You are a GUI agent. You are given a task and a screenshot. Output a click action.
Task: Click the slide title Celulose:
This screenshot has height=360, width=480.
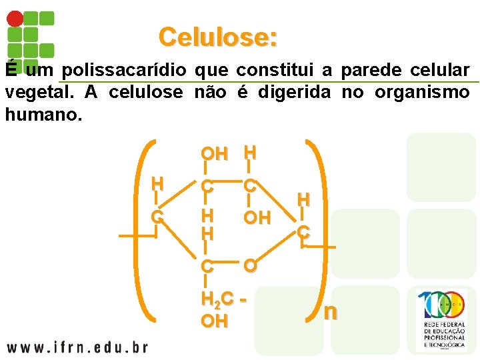(218, 37)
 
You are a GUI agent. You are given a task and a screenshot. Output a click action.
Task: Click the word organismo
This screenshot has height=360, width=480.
(422, 93)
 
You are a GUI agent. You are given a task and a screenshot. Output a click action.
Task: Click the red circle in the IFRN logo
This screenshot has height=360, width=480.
(15, 19)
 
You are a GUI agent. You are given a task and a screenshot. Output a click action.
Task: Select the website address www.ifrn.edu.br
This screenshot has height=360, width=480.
(77, 347)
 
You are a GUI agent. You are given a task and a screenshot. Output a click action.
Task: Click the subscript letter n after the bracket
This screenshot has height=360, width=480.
(330, 312)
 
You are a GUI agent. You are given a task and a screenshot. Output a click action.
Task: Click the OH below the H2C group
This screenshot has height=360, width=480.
(214, 321)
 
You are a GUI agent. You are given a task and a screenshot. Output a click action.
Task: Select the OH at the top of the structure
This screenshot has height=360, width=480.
(214, 154)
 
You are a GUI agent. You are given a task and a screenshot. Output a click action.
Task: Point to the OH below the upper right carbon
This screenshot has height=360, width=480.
(257, 218)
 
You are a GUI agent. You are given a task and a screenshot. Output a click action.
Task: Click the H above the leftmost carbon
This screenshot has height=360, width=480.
(157, 183)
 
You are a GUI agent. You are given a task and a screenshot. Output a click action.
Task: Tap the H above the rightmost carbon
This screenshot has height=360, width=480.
(303, 199)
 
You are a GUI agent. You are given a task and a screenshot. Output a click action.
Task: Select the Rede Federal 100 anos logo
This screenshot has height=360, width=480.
(441, 320)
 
